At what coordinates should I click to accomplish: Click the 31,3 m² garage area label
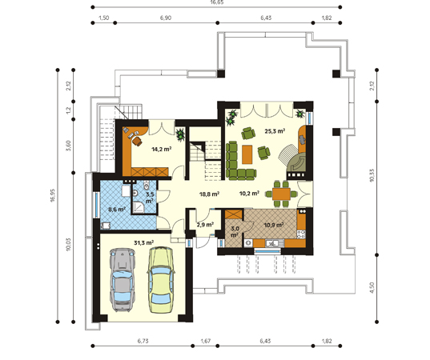(143, 242)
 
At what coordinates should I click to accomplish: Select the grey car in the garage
(122, 280)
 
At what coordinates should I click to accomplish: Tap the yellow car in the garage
(161, 280)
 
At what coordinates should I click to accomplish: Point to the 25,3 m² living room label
(275, 131)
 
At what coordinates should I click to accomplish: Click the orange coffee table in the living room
(247, 154)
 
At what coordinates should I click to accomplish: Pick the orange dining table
(281, 194)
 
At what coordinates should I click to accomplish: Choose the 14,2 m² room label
(162, 149)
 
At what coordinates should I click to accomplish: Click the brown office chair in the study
(137, 142)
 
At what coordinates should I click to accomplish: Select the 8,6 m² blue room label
(117, 210)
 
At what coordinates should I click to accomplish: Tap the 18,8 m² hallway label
(209, 194)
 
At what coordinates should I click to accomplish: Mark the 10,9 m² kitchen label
(274, 226)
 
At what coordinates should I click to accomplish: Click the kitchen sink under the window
(271, 243)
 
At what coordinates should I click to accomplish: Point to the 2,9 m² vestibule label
(205, 225)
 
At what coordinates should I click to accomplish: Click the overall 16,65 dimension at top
(217, 2)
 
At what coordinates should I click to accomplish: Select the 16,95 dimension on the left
(53, 195)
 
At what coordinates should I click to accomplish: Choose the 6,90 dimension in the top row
(166, 18)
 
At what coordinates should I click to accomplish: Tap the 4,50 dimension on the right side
(372, 288)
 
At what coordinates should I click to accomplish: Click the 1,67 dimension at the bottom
(206, 341)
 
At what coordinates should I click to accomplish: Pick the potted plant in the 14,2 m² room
(181, 134)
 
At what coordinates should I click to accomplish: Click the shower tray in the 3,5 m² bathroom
(140, 207)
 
